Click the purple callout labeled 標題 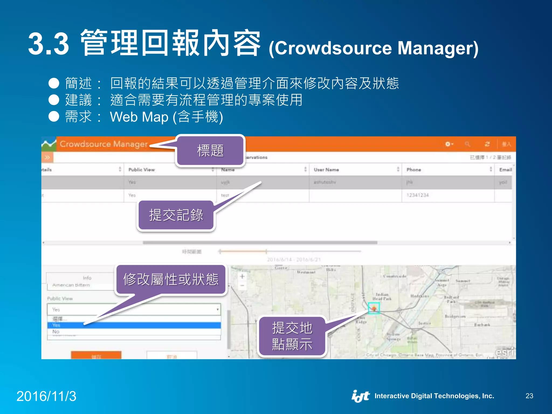click(210, 151)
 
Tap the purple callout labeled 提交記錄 click(176, 215)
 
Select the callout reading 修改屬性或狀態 click(171, 279)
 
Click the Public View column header click(142, 170)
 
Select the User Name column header click(326, 170)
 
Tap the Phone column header click(413, 170)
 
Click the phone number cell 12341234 click(418, 195)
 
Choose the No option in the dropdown click(56, 332)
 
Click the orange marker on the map click(374, 308)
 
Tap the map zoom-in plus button click(242, 277)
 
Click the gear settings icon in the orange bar click(448, 144)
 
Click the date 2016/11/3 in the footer click(46, 396)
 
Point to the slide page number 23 click(529, 396)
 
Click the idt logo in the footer click(360, 396)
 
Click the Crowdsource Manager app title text click(103, 144)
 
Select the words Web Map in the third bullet click(139, 117)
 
